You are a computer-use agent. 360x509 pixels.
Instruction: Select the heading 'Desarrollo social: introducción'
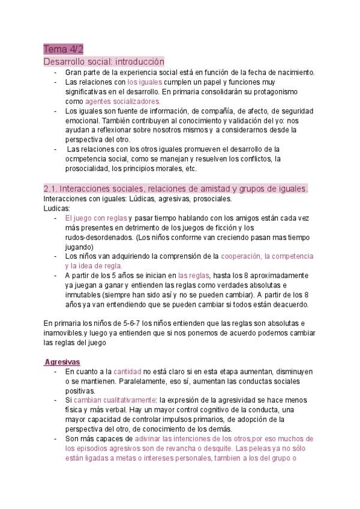pos(104,61)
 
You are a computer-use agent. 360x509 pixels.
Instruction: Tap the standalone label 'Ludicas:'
pos(57,208)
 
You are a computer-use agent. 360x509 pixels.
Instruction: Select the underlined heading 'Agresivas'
pos(63,362)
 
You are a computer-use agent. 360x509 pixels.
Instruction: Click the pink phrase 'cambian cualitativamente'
pos(115,400)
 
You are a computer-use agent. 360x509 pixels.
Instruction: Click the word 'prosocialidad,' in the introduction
pos(91,169)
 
